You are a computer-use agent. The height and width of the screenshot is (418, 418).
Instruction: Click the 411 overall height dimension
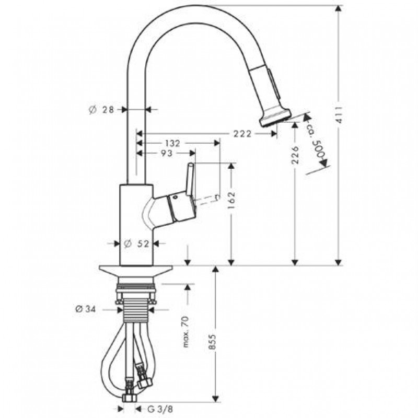coord(339,114)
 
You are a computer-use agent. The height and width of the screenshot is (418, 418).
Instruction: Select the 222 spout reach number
coord(242,134)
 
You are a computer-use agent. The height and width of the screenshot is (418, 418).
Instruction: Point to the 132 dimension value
coord(172,143)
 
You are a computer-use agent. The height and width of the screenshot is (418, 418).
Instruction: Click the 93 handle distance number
coord(167,153)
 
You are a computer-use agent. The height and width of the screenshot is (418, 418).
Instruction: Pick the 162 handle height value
coord(231,200)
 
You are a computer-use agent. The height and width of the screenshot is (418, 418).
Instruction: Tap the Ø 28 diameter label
coord(101,110)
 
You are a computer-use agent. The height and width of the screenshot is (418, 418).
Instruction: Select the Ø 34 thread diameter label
coord(86,309)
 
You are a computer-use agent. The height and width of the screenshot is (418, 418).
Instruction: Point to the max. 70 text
coord(186,332)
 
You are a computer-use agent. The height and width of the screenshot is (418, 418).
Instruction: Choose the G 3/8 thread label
coord(160,409)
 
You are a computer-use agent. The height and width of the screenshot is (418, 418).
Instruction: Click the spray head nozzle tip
coord(275,117)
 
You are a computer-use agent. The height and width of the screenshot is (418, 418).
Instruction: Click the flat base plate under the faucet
coord(136,271)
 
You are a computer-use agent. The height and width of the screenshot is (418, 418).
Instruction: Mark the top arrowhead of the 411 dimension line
coord(339,8)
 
